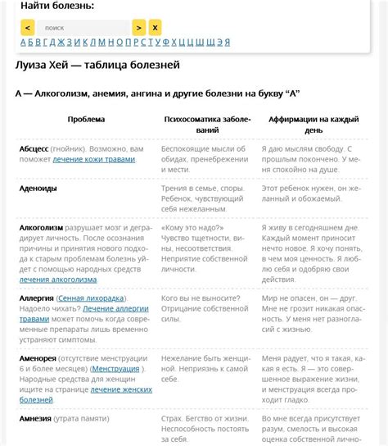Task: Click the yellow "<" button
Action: coord(27,27)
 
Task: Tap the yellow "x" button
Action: coord(155,27)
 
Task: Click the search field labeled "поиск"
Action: coord(82,27)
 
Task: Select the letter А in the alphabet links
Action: coord(23,43)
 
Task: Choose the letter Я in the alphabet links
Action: coord(227,43)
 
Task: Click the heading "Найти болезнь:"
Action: coord(56,7)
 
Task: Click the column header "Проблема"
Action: coord(86,120)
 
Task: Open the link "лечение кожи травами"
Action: coord(94,159)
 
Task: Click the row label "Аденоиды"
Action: coord(38,188)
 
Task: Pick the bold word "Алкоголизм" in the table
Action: coord(41,227)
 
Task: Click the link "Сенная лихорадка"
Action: coord(92,298)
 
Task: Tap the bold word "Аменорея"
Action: coord(38,358)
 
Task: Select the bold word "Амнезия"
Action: coord(37,419)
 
